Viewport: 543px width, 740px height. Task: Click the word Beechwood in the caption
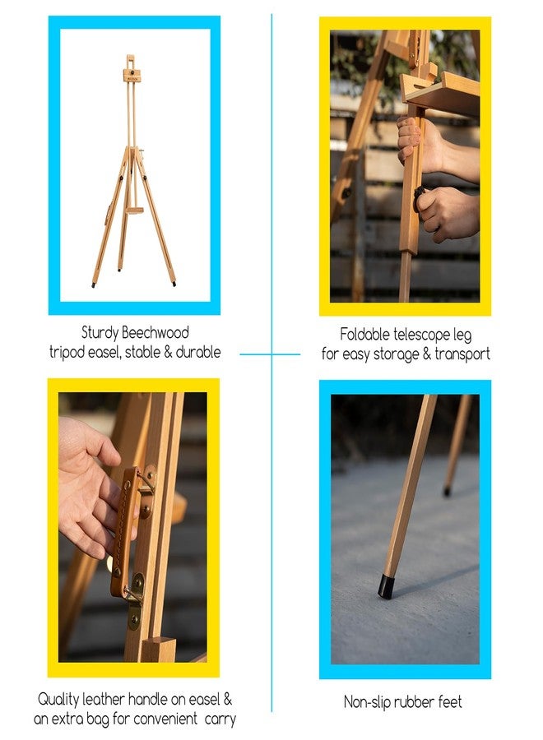tap(155, 333)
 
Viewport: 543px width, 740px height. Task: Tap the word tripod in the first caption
tap(67, 353)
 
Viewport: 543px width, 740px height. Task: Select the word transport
tap(462, 354)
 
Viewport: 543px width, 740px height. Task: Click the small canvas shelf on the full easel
tap(134, 211)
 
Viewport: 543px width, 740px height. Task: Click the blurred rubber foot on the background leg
tap(447, 492)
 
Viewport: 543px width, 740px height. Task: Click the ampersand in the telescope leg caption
tap(427, 354)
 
